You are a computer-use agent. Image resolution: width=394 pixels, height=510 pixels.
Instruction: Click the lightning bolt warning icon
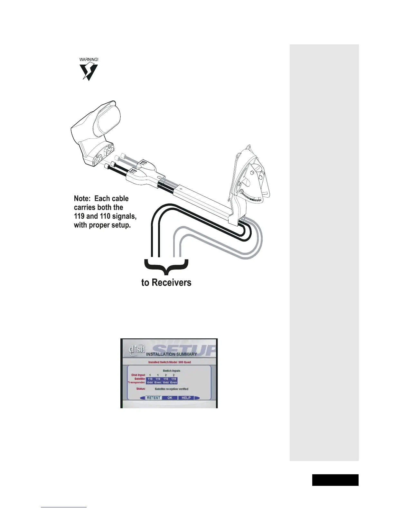click(x=89, y=72)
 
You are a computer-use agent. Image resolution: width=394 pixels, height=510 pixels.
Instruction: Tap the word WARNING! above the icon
click(x=89, y=60)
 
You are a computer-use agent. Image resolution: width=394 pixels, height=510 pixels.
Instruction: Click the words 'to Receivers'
click(x=166, y=283)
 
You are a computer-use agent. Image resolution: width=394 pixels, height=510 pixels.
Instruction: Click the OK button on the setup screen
click(x=170, y=398)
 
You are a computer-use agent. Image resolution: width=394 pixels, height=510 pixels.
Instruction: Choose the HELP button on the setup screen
click(x=186, y=398)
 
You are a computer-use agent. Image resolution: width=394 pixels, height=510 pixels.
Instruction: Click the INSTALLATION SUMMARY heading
click(x=172, y=354)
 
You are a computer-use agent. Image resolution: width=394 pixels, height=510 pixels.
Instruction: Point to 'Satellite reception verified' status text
click(x=172, y=389)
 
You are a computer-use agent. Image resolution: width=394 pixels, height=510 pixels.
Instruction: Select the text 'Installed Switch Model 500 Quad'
click(x=169, y=362)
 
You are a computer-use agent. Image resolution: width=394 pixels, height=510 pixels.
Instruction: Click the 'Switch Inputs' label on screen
click(x=172, y=371)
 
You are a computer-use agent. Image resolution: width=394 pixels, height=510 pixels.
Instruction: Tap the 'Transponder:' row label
click(x=137, y=382)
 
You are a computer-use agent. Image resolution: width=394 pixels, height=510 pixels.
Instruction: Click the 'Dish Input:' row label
click(x=138, y=375)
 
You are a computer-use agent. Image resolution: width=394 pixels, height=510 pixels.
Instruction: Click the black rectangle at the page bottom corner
click(x=335, y=480)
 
